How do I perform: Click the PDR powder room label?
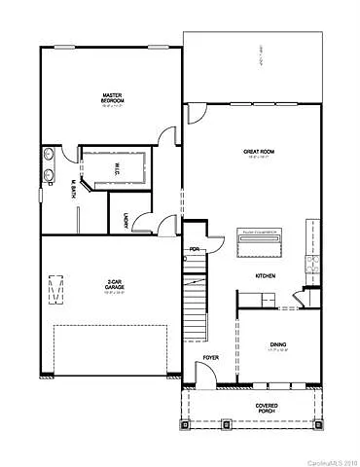(194, 248)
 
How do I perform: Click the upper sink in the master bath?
(49, 155)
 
